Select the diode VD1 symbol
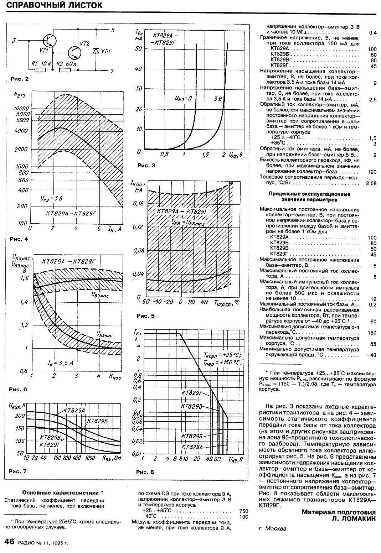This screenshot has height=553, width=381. (x=95, y=51)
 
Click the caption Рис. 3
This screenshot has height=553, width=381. (x=146, y=165)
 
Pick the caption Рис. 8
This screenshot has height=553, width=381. (x=145, y=472)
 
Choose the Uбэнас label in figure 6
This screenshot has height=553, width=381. (x=100, y=294)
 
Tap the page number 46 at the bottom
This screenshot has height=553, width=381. (x=9, y=542)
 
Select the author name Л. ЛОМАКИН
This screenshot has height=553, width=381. (x=352, y=519)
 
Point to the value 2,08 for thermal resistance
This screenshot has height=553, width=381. (x=371, y=184)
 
